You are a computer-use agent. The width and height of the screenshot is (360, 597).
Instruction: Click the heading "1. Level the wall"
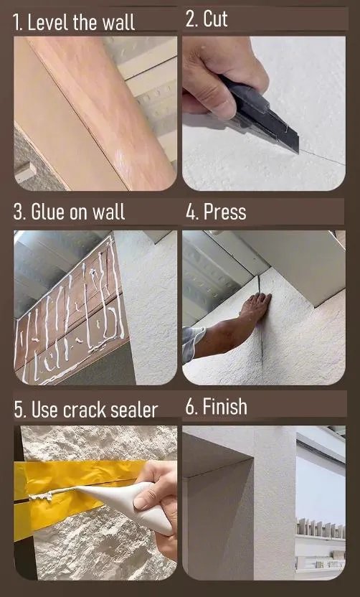click(x=74, y=22)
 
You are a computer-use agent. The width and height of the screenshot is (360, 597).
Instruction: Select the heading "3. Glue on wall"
click(x=69, y=212)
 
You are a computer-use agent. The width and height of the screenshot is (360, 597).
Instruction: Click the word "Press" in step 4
click(x=224, y=212)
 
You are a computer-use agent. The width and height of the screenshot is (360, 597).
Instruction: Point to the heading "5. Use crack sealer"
click(x=85, y=410)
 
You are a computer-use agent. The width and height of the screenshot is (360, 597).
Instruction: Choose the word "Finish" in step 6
click(x=224, y=407)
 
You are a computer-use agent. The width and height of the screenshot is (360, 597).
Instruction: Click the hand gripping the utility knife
click(x=215, y=72)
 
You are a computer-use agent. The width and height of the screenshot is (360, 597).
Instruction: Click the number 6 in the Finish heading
click(x=190, y=407)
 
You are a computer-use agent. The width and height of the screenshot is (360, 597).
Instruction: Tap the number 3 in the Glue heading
click(x=18, y=212)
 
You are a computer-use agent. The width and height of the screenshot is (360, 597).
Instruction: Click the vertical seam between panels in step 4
click(x=262, y=337)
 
